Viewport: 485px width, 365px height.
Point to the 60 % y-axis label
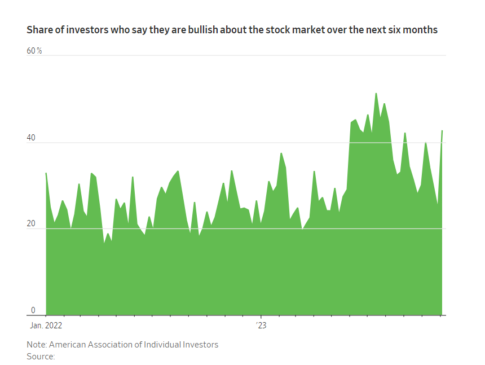click(34, 51)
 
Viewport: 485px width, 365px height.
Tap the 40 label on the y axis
click(32, 137)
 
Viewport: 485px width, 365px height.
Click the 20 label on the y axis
click(32, 223)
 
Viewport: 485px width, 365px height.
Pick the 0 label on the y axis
click(33, 310)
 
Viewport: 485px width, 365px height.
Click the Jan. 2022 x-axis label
click(46, 326)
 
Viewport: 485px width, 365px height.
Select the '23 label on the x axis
click(261, 326)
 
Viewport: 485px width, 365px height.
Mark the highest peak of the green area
click(376, 94)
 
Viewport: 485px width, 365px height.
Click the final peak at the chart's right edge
click(442, 131)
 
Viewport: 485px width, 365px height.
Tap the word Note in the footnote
click(36, 345)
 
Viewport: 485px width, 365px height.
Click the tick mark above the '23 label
click(261, 316)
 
